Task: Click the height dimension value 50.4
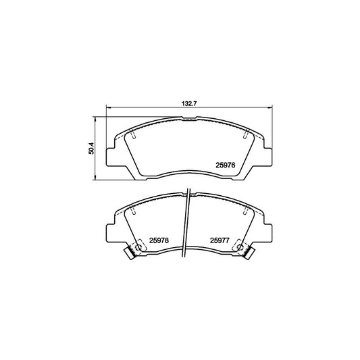pyautogui.click(x=89, y=146)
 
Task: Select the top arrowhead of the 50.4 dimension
pyautogui.click(x=97, y=117)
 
